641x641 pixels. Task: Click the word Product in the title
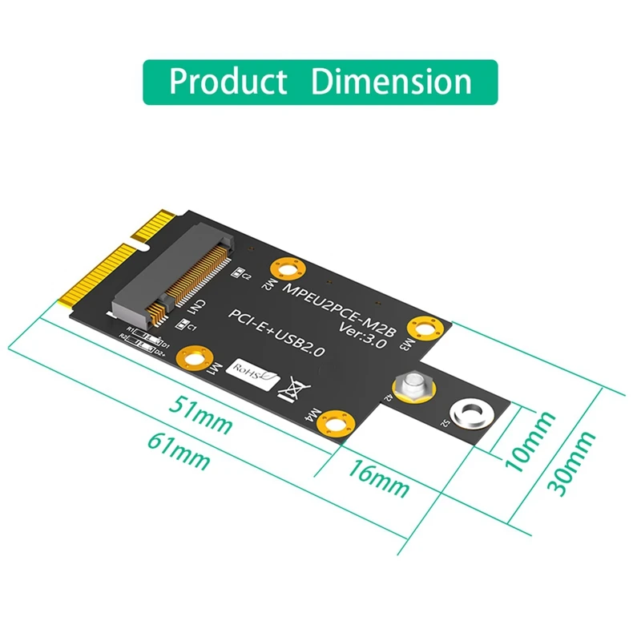228,82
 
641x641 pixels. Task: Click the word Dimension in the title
391,82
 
